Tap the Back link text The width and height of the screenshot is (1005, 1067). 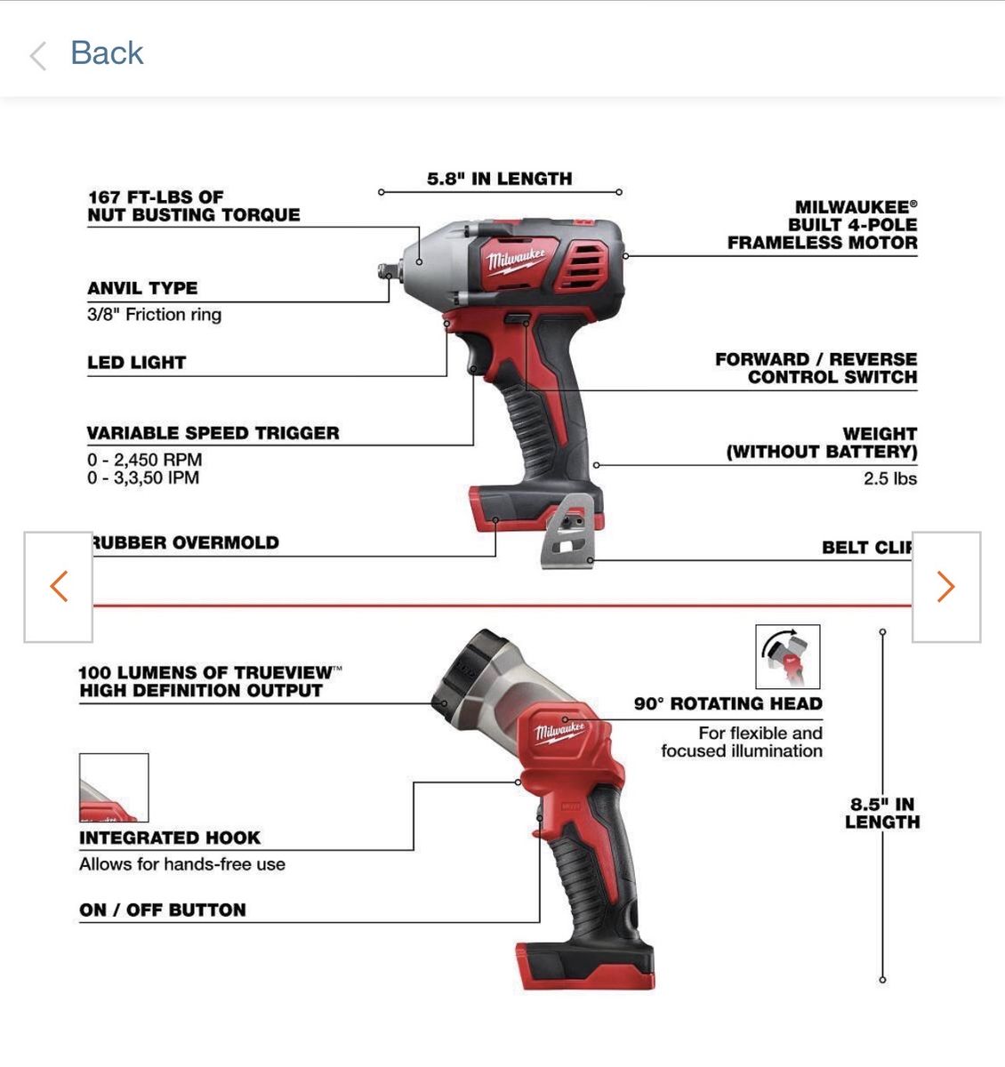coord(107,52)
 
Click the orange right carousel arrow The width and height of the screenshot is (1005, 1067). coord(946,586)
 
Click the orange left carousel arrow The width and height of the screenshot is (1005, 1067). coord(59,586)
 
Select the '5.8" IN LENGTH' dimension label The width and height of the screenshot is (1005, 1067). coord(499,179)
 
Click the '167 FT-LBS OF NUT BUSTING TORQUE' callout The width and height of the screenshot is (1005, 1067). coord(194,205)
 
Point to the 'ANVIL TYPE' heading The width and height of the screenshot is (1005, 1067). coord(142,288)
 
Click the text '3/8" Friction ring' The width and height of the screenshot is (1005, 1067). coord(154,314)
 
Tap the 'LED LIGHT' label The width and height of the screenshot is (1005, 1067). coord(136,362)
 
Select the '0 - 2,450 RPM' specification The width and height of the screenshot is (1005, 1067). coord(145,460)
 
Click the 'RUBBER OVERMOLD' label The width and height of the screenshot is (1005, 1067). coord(186,542)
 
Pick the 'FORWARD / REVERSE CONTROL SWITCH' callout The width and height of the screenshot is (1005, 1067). coord(816,368)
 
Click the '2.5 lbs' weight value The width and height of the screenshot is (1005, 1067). coord(890,478)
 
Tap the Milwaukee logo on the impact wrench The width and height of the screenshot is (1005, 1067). coord(516,261)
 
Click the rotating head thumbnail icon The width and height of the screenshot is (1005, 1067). coord(787,656)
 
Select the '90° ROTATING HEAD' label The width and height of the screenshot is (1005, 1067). coord(728,703)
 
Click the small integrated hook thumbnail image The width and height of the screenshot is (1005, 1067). coord(114,787)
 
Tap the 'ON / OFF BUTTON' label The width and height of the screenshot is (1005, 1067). coord(162,910)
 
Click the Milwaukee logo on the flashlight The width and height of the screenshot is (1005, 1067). coord(559,733)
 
